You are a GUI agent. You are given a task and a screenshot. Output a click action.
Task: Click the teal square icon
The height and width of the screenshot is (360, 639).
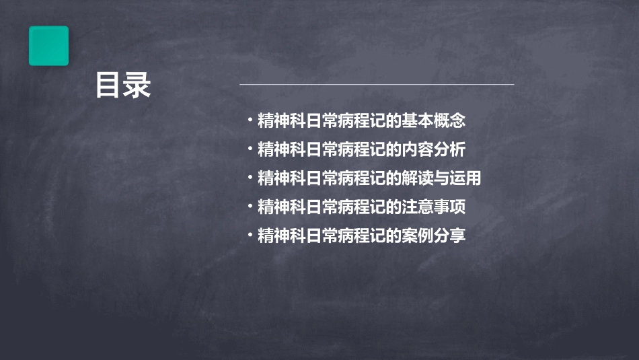point(48,46)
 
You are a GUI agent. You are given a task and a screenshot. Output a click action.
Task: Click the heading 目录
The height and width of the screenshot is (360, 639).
point(123,86)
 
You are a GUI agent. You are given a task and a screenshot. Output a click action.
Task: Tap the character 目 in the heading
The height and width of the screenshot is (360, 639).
point(108,86)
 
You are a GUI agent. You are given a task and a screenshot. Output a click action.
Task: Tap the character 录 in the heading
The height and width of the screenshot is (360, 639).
point(138,86)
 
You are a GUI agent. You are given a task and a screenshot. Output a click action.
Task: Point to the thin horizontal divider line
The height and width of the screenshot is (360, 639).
point(377,85)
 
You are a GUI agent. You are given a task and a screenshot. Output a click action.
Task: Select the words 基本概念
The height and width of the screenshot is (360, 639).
point(434,121)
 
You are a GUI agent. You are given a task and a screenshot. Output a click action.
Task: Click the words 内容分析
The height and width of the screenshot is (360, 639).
point(434,149)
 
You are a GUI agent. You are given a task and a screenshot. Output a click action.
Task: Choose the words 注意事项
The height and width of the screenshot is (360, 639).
point(434,207)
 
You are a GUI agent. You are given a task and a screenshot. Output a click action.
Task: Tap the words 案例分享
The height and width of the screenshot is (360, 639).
point(434,236)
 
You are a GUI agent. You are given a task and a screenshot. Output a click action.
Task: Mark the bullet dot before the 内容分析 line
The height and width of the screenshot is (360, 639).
point(250,148)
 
